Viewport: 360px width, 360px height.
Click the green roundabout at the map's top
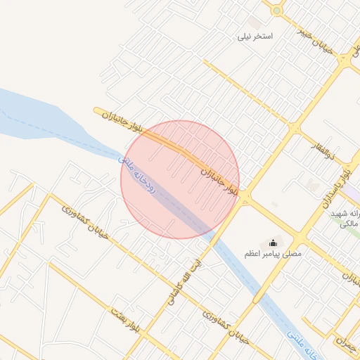[277, 10]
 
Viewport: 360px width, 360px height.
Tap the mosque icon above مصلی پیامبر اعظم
[273, 242]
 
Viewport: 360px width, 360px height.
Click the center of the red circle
[180, 179]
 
